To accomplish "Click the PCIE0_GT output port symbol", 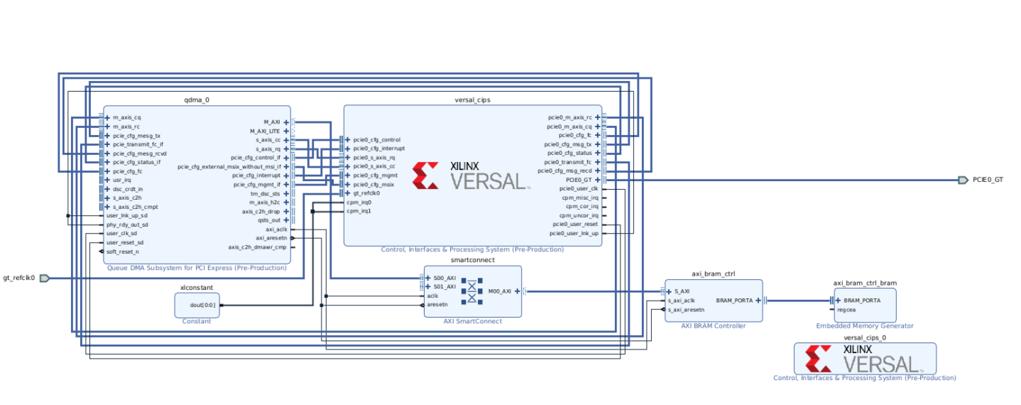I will coord(963,180).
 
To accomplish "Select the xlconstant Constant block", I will coord(197,305).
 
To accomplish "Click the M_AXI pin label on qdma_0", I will coord(272,122).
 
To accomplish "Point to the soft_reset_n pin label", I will coord(122,252).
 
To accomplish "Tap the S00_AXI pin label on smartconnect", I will coord(444,278).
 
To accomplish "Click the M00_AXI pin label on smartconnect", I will coord(499,292).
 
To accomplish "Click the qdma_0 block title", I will coord(197,100).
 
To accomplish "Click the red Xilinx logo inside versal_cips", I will coord(425,175).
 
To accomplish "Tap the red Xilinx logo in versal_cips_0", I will coord(818,358).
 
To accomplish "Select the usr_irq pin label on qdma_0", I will coord(122,180).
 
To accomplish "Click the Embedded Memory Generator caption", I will coord(864,326).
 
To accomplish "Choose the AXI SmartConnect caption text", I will coord(473,321).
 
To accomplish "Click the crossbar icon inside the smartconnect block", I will coord(472,292).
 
